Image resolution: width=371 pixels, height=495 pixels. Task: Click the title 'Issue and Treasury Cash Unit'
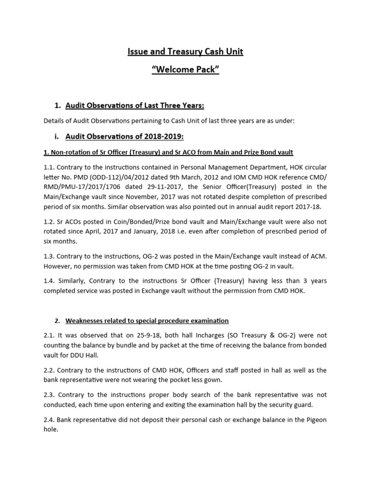coord(185,51)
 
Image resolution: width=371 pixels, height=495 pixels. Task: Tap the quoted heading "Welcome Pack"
coord(185,71)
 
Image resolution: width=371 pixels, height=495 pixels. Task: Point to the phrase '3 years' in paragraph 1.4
coord(314,281)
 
